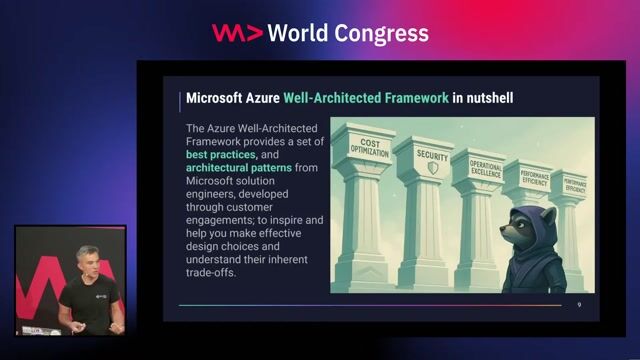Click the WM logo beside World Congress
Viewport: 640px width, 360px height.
[237, 33]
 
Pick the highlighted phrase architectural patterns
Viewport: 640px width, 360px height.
[238, 169]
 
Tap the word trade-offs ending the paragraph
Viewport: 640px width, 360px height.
[210, 273]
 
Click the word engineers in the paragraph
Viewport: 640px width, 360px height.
[213, 195]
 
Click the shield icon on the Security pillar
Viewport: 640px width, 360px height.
[432, 168]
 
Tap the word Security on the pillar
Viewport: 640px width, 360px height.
[432, 156]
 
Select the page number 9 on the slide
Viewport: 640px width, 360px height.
[577, 304]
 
